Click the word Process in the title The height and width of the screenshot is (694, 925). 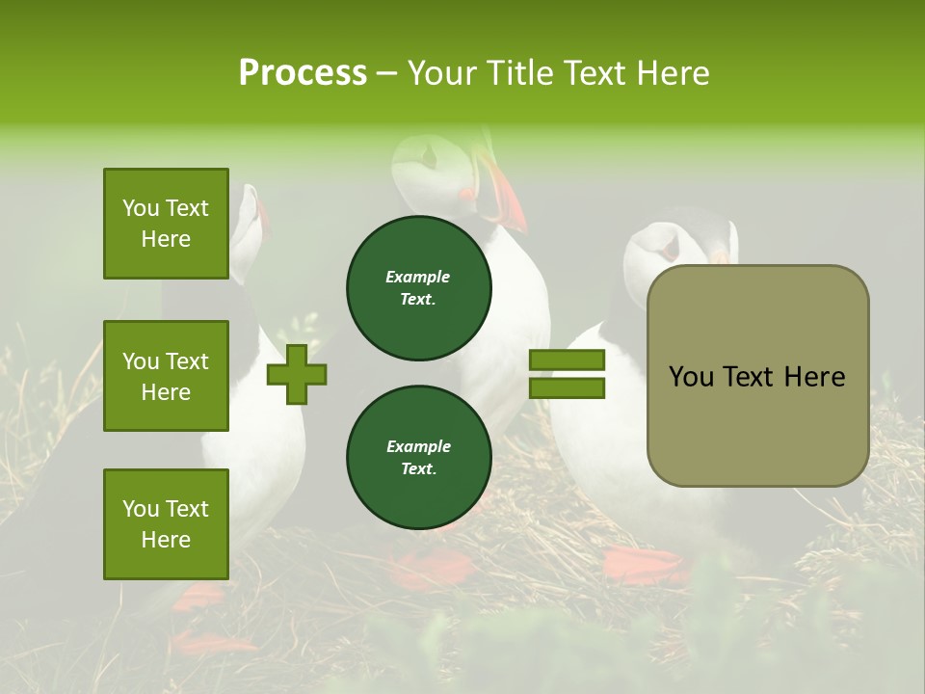tap(303, 73)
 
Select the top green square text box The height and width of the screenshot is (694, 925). tap(166, 224)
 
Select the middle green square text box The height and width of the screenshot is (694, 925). tap(166, 376)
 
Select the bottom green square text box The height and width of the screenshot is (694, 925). tap(166, 524)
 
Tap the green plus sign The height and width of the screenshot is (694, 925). tap(297, 374)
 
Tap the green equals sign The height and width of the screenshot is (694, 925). tap(567, 374)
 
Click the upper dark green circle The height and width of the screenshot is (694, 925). tap(418, 288)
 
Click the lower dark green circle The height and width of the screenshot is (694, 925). tap(418, 458)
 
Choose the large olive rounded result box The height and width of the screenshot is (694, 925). tap(757, 376)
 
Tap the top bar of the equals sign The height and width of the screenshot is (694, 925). tap(567, 360)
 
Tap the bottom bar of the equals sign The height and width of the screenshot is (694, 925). tap(567, 387)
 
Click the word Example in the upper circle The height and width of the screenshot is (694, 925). tap(418, 278)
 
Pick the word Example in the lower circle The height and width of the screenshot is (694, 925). tap(418, 447)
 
